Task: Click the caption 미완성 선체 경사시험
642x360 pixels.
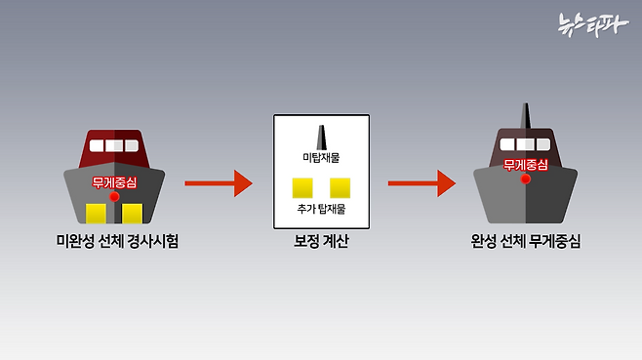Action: pyautogui.click(x=117, y=241)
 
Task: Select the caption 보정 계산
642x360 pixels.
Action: pyautogui.click(x=322, y=241)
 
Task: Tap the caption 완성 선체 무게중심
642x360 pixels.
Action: pyautogui.click(x=525, y=241)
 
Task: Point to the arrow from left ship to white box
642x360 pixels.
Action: pyautogui.click(x=218, y=182)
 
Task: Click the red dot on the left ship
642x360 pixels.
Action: pyautogui.click(x=115, y=197)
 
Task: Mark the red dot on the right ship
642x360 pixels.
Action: pyautogui.click(x=525, y=180)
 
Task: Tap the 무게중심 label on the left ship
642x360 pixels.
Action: pyautogui.click(x=115, y=181)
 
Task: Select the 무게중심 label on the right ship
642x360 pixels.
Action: pyautogui.click(x=525, y=164)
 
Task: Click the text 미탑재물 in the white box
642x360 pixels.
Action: pyautogui.click(x=322, y=156)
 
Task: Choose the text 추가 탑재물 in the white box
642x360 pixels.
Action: pyautogui.click(x=322, y=209)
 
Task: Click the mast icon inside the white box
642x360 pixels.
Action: pyautogui.click(x=322, y=136)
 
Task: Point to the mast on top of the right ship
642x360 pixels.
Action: pyautogui.click(x=525, y=115)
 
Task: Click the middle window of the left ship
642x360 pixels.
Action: pyautogui.click(x=115, y=146)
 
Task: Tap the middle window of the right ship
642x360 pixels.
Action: pyautogui.click(x=525, y=145)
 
